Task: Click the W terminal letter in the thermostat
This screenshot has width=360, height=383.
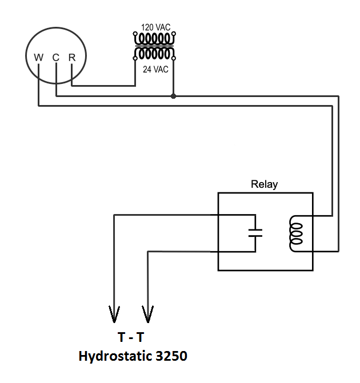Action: [39, 58]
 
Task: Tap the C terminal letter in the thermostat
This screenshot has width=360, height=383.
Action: [56, 58]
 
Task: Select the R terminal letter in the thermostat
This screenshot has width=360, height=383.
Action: [72, 58]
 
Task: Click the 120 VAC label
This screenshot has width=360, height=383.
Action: [156, 27]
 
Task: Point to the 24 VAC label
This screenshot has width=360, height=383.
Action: [156, 70]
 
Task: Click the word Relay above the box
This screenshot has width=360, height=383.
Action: [265, 184]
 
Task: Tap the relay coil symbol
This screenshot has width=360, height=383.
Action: [296, 233]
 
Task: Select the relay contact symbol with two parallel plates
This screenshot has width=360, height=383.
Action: [255, 233]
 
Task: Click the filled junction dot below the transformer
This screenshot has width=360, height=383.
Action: [173, 96]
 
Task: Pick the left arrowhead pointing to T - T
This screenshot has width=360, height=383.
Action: [114, 314]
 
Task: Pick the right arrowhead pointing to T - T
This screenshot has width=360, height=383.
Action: [148, 314]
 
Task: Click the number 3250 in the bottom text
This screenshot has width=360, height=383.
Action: [171, 356]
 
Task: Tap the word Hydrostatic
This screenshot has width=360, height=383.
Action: [115, 356]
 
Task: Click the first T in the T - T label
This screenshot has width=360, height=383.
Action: [122, 337]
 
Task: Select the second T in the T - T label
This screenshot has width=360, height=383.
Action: [141, 337]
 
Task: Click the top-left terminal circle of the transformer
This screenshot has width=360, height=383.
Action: [135, 34]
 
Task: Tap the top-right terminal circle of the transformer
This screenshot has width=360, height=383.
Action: [174, 34]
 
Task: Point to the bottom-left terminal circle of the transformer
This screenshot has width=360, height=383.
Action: [135, 58]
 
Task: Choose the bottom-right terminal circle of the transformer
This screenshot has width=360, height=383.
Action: [174, 58]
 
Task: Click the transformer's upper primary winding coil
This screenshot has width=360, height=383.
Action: [154, 39]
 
